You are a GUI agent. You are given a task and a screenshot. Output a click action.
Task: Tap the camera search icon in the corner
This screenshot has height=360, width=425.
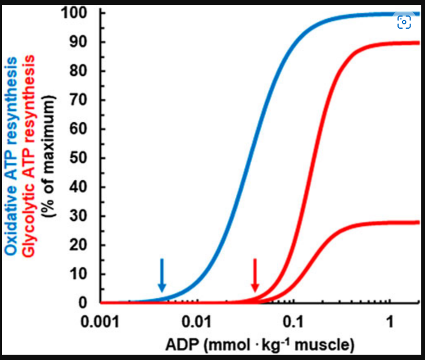(404, 22)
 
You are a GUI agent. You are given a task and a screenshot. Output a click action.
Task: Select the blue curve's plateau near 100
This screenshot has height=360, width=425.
(372, 14)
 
